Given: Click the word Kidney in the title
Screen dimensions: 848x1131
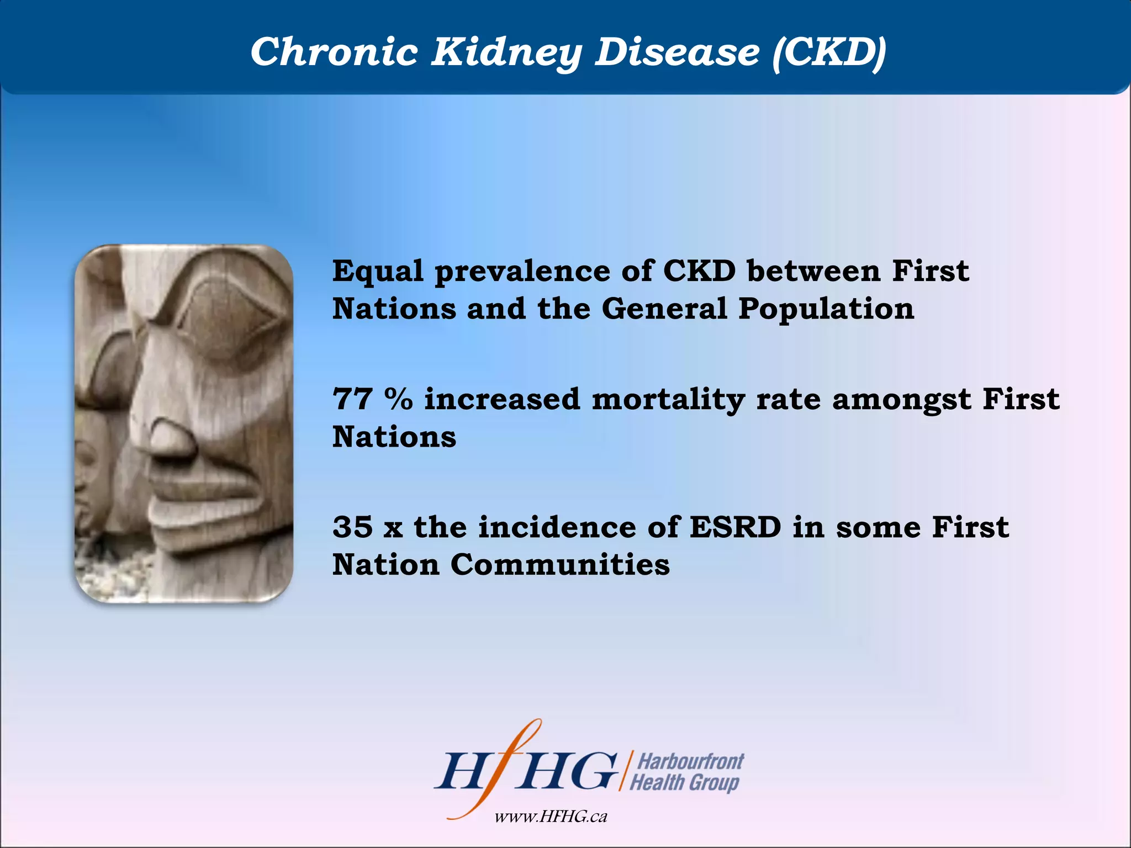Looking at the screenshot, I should [506, 52].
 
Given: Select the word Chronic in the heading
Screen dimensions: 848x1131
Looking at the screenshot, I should [334, 52].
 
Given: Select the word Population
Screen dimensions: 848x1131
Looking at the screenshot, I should [826, 309].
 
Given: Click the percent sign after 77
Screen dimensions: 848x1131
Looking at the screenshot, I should [398, 399].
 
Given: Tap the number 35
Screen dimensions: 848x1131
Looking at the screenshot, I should [352, 527].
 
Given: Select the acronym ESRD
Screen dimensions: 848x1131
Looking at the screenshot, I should [735, 527].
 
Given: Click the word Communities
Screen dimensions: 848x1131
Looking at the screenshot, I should [560, 565].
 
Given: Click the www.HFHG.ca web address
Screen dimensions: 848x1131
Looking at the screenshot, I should [551, 817].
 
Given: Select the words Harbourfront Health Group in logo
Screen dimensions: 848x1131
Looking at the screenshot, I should [686, 772].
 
